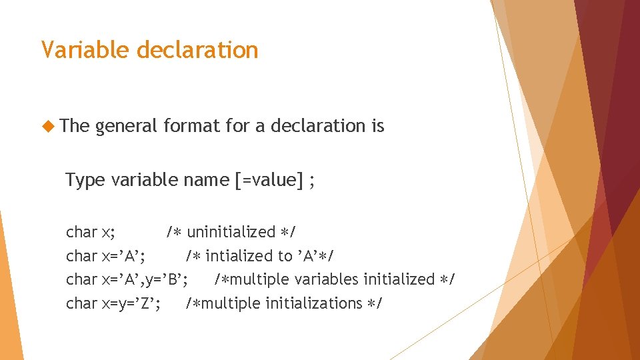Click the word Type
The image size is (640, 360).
point(85,180)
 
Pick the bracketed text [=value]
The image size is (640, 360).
point(269,180)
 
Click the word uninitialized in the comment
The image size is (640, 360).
point(231,232)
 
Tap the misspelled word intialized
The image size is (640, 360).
point(238,256)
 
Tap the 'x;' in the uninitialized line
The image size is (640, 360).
point(108,232)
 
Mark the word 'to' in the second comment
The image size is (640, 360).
point(285,256)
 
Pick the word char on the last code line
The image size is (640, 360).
point(81,303)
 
